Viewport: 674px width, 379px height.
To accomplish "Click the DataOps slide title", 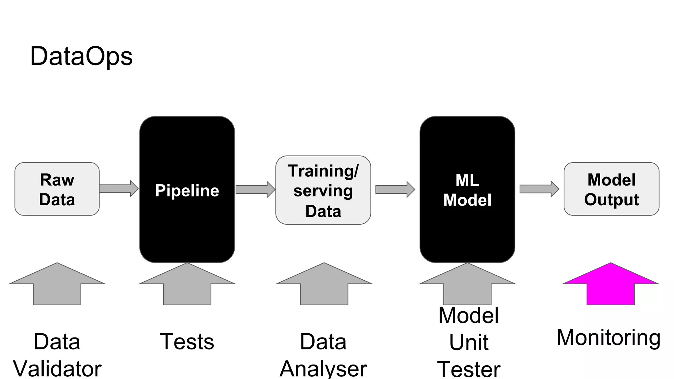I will coord(81,56).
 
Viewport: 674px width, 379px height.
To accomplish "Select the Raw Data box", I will coord(57,189).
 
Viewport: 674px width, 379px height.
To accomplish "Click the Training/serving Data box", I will coord(323,190).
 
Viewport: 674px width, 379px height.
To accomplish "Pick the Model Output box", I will coord(611,189).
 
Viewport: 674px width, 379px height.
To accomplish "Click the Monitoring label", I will coord(608,338).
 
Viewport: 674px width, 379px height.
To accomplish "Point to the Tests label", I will coord(187,342).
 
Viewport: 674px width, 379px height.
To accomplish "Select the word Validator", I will coord(57,368).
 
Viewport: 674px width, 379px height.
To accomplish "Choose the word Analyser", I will coord(323,368).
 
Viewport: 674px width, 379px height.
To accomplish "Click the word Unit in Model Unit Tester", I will coord(469,342).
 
